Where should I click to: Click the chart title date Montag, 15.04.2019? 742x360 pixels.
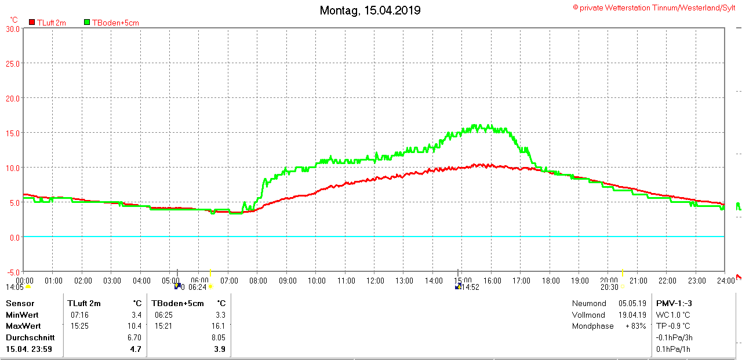coord(370,10)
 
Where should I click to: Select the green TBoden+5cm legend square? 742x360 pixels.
coord(87,22)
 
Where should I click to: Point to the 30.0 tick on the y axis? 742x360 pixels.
coord(13,28)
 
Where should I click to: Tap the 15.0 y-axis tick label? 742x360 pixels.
coord(13,133)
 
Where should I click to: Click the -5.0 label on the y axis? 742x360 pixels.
coord(13,272)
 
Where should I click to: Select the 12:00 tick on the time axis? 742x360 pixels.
coord(375,281)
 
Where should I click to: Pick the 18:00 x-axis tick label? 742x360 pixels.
coord(551,281)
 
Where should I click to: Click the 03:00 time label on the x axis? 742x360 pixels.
coord(112,281)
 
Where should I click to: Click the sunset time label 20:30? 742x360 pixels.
coord(609,287)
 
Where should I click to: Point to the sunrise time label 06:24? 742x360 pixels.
coord(198,287)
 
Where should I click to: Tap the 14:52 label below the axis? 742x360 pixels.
coord(470,287)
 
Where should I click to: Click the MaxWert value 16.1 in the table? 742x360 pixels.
coord(219,326)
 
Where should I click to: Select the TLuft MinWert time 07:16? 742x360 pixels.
coord(79,315)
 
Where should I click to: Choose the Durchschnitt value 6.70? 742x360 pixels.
coord(134,337)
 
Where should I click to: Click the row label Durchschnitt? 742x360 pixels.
coord(30,337)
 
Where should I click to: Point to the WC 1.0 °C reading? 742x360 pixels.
coord(673,315)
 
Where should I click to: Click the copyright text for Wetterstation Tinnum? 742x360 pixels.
coord(656,8)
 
